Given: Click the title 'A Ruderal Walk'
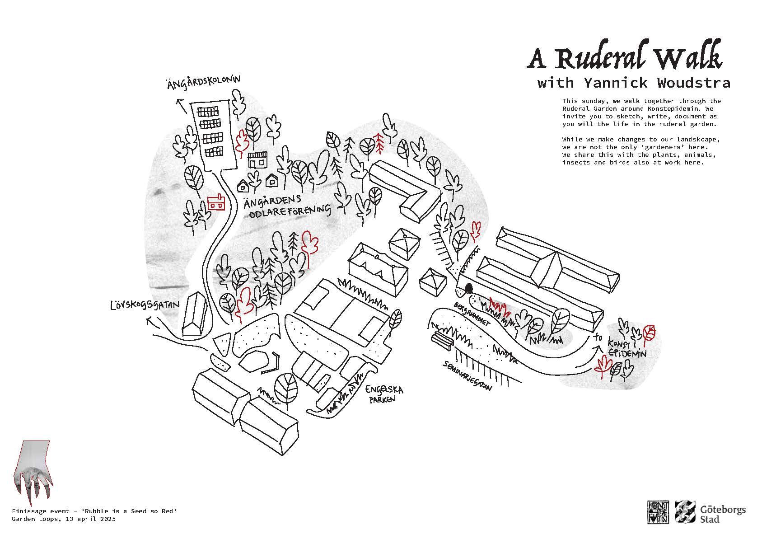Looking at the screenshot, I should [x=624, y=57].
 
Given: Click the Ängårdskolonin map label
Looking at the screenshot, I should [x=203, y=83].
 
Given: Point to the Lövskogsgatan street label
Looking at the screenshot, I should [x=145, y=305].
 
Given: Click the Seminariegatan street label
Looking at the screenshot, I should [x=467, y=375].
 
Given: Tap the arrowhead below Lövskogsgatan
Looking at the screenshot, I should [x=151, y=322].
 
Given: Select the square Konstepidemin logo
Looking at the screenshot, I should [x=658, y=512].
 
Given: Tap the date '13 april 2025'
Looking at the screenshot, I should [x=91, y=519].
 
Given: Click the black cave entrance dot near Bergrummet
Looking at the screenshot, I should [x=468, y=288].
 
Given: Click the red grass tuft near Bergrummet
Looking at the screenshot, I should [x=499, y=307].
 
